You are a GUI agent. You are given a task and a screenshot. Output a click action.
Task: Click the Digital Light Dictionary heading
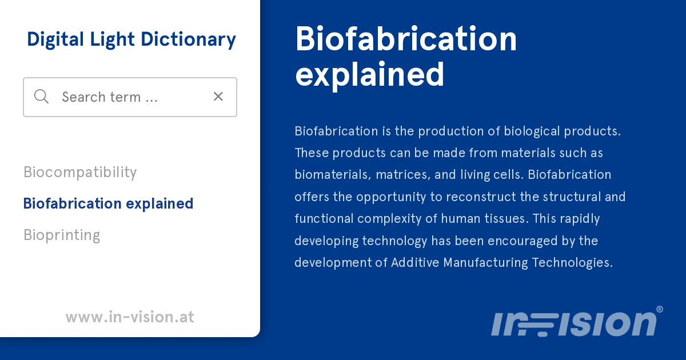[131, 39]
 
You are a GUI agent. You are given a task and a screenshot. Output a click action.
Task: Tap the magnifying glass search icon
[41, 97]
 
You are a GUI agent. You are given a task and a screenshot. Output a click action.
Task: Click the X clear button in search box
[218, 97]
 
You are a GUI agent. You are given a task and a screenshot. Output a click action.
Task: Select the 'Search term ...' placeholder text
[109, 97]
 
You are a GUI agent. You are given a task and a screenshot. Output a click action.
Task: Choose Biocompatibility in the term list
[80, 172]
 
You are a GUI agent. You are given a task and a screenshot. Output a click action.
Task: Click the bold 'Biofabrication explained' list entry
[108, 203]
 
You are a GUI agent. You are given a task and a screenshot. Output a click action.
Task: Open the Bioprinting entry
[62, 235]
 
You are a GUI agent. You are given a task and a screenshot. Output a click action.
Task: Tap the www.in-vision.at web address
[130, 317]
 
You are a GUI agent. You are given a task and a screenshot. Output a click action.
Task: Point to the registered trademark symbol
[659, 309]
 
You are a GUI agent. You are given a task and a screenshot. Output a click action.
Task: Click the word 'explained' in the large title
[369, 74]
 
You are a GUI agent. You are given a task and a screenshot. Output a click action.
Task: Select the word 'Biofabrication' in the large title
[406, 39]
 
